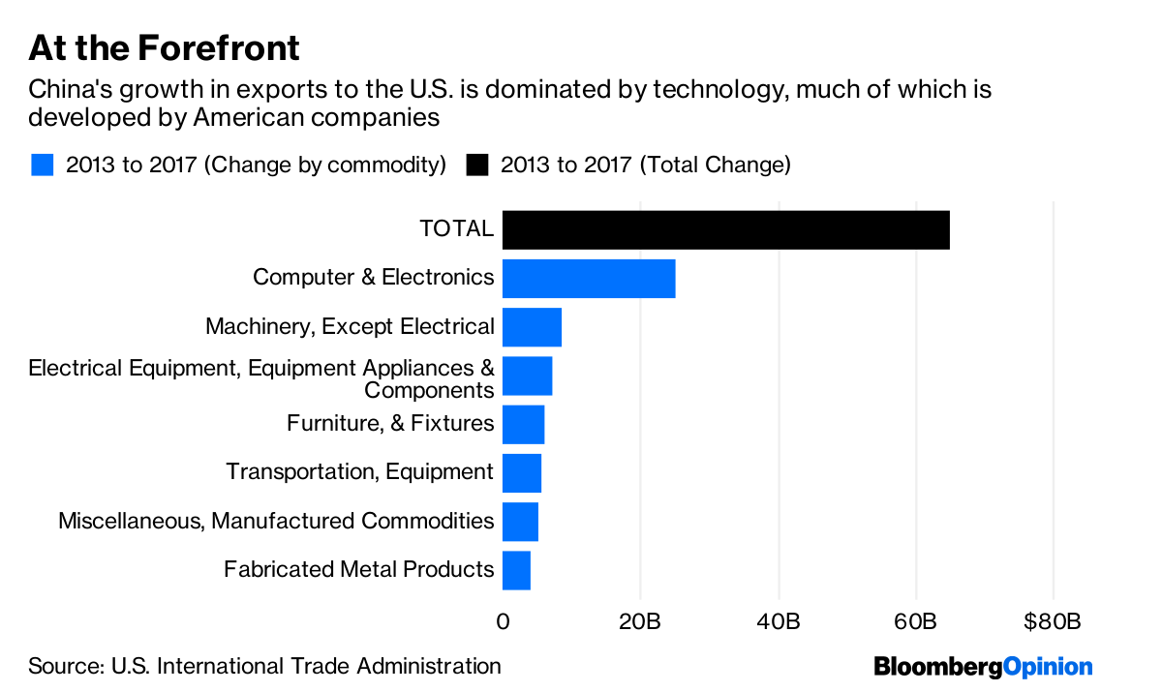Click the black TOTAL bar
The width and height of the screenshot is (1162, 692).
(x=725, y=230)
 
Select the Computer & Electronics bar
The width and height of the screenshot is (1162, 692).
(x=589, y=279)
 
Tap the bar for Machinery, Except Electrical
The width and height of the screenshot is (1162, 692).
(x=532, y=327)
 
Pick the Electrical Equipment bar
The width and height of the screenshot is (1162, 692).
(x=527, y=376)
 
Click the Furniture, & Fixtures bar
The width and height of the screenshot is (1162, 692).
(x=523, y=424)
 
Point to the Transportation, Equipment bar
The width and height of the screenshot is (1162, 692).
(x=522, y=472)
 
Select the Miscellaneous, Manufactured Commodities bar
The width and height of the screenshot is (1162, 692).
(x=520, y=521)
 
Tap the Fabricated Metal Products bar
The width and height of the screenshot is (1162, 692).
(x=516, y=569)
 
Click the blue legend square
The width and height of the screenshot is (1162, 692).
(x=42, y=165)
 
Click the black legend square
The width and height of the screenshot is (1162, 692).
(x=476, y=165)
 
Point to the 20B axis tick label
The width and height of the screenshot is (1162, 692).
(x=640, y=621)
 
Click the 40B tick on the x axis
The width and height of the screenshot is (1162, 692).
(x=778, y=621)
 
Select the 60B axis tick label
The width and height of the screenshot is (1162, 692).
(x=915, y=621)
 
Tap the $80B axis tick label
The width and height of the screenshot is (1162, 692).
(x=1052, y=621)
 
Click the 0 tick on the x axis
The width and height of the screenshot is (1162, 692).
(x=503, y=621)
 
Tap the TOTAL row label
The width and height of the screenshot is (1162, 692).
(x=456, y=229)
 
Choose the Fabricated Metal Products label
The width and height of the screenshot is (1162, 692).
(x=358, y=569)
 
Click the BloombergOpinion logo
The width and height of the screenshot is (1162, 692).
(x=983, y=667)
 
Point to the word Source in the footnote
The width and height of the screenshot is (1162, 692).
(x=64, y=666)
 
